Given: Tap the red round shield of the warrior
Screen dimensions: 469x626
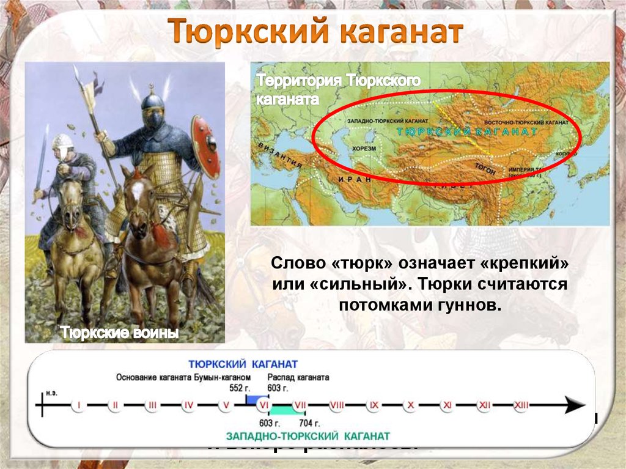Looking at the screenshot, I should pyautogui.click(x=205, y=147).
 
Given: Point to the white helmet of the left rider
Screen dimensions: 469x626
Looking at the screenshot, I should pyautogui.click(x=62, y=141).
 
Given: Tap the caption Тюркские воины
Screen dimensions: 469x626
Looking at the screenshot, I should pyautogui.click(x=119, y=333).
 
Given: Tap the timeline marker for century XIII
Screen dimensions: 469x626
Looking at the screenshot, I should pyautogui.click(x=521, y=405).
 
